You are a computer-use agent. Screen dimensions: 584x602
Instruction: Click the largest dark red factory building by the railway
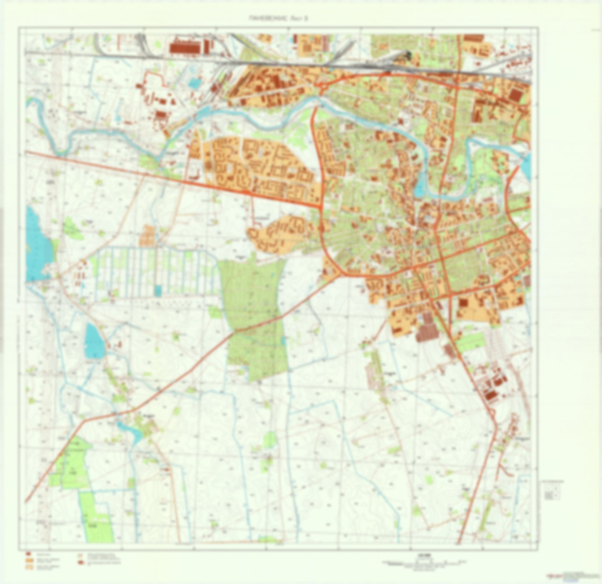(x=185, y=47)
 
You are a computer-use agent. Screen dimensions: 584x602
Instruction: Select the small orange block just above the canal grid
(x=147, y=236)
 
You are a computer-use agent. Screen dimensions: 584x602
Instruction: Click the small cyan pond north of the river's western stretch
(x=194, y=83)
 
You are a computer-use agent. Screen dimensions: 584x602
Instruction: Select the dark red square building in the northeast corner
(x=516, y=95)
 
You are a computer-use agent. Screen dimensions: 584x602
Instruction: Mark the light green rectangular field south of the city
(x=471, y=342)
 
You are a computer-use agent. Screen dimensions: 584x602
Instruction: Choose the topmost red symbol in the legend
(x=28, y=554)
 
